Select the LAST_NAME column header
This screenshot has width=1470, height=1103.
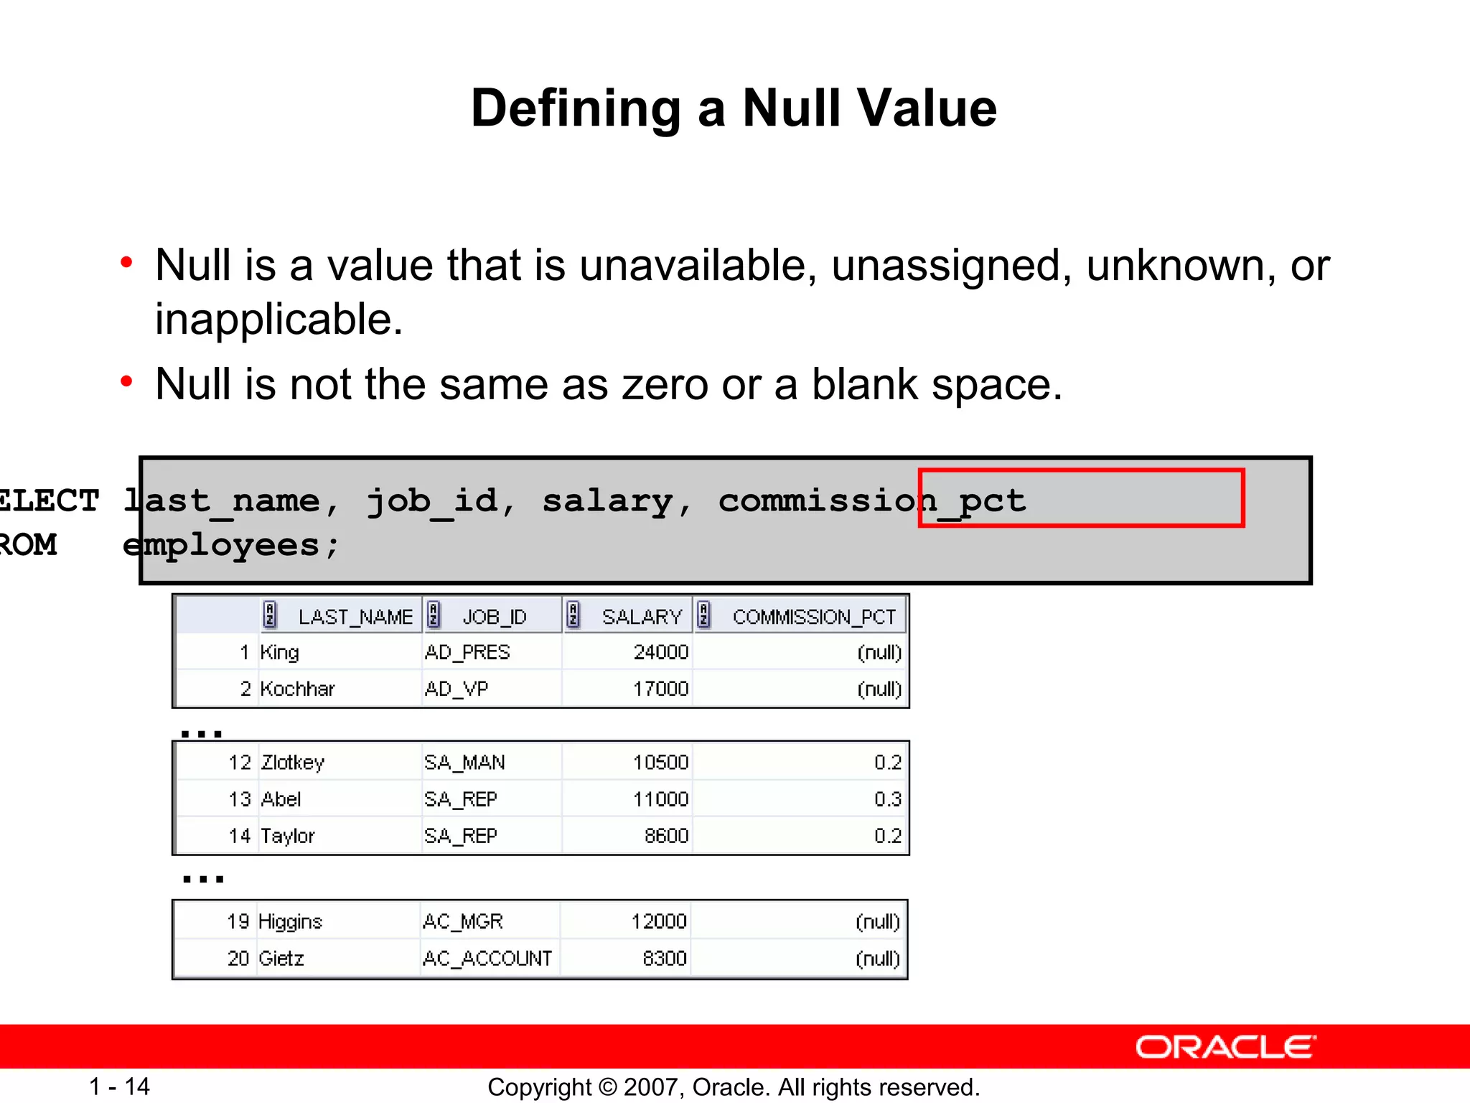point(355,617)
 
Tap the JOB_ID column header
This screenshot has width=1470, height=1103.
point(494,617)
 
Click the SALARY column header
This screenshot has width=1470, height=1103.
point(641,617)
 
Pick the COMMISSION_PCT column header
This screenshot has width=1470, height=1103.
point(813,617)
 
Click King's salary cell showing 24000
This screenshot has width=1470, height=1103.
point(660,652)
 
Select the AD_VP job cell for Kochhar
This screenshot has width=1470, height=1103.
point(457,689)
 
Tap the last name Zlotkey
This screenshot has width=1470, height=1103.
point(293,762)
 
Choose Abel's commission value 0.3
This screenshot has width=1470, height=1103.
point(887,799)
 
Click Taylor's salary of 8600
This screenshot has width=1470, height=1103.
point(666,836)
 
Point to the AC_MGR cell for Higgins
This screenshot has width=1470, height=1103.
point(463,921)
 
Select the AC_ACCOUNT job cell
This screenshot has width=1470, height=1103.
point(487,958)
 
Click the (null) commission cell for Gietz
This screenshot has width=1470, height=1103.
point(877,958)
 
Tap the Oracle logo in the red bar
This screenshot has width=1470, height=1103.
point(1225,1047)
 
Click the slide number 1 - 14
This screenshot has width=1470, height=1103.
point(119,1086)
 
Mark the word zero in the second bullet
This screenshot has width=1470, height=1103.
point(664,384)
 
